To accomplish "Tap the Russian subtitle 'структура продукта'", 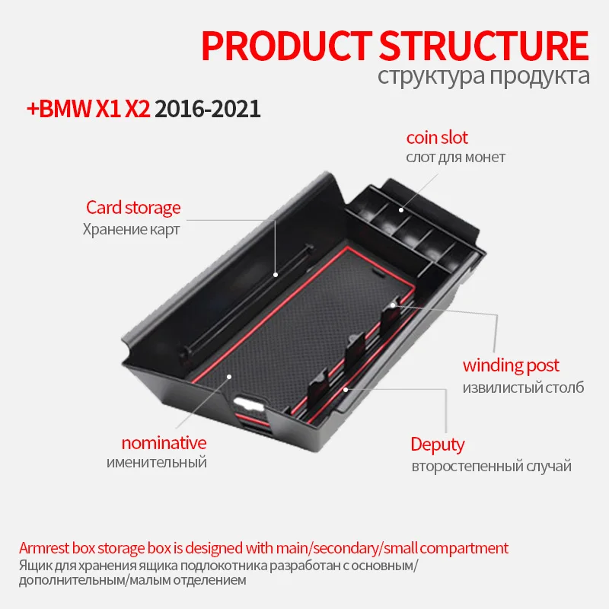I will [483, 76].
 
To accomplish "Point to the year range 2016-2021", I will [208, 109].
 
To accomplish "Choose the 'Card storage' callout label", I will [133, 207].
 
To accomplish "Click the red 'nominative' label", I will [164, 442].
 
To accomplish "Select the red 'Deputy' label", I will [437, 444].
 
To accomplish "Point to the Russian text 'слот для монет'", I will [455, 158].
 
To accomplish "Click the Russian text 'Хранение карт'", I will [131, 228].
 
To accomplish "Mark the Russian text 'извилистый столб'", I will [524, 387].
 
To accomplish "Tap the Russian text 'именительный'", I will [156, 462].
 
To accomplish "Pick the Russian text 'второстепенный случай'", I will [490, 466].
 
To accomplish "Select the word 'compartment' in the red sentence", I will [461, 548].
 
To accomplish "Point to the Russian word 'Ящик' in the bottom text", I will [32, 566].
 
